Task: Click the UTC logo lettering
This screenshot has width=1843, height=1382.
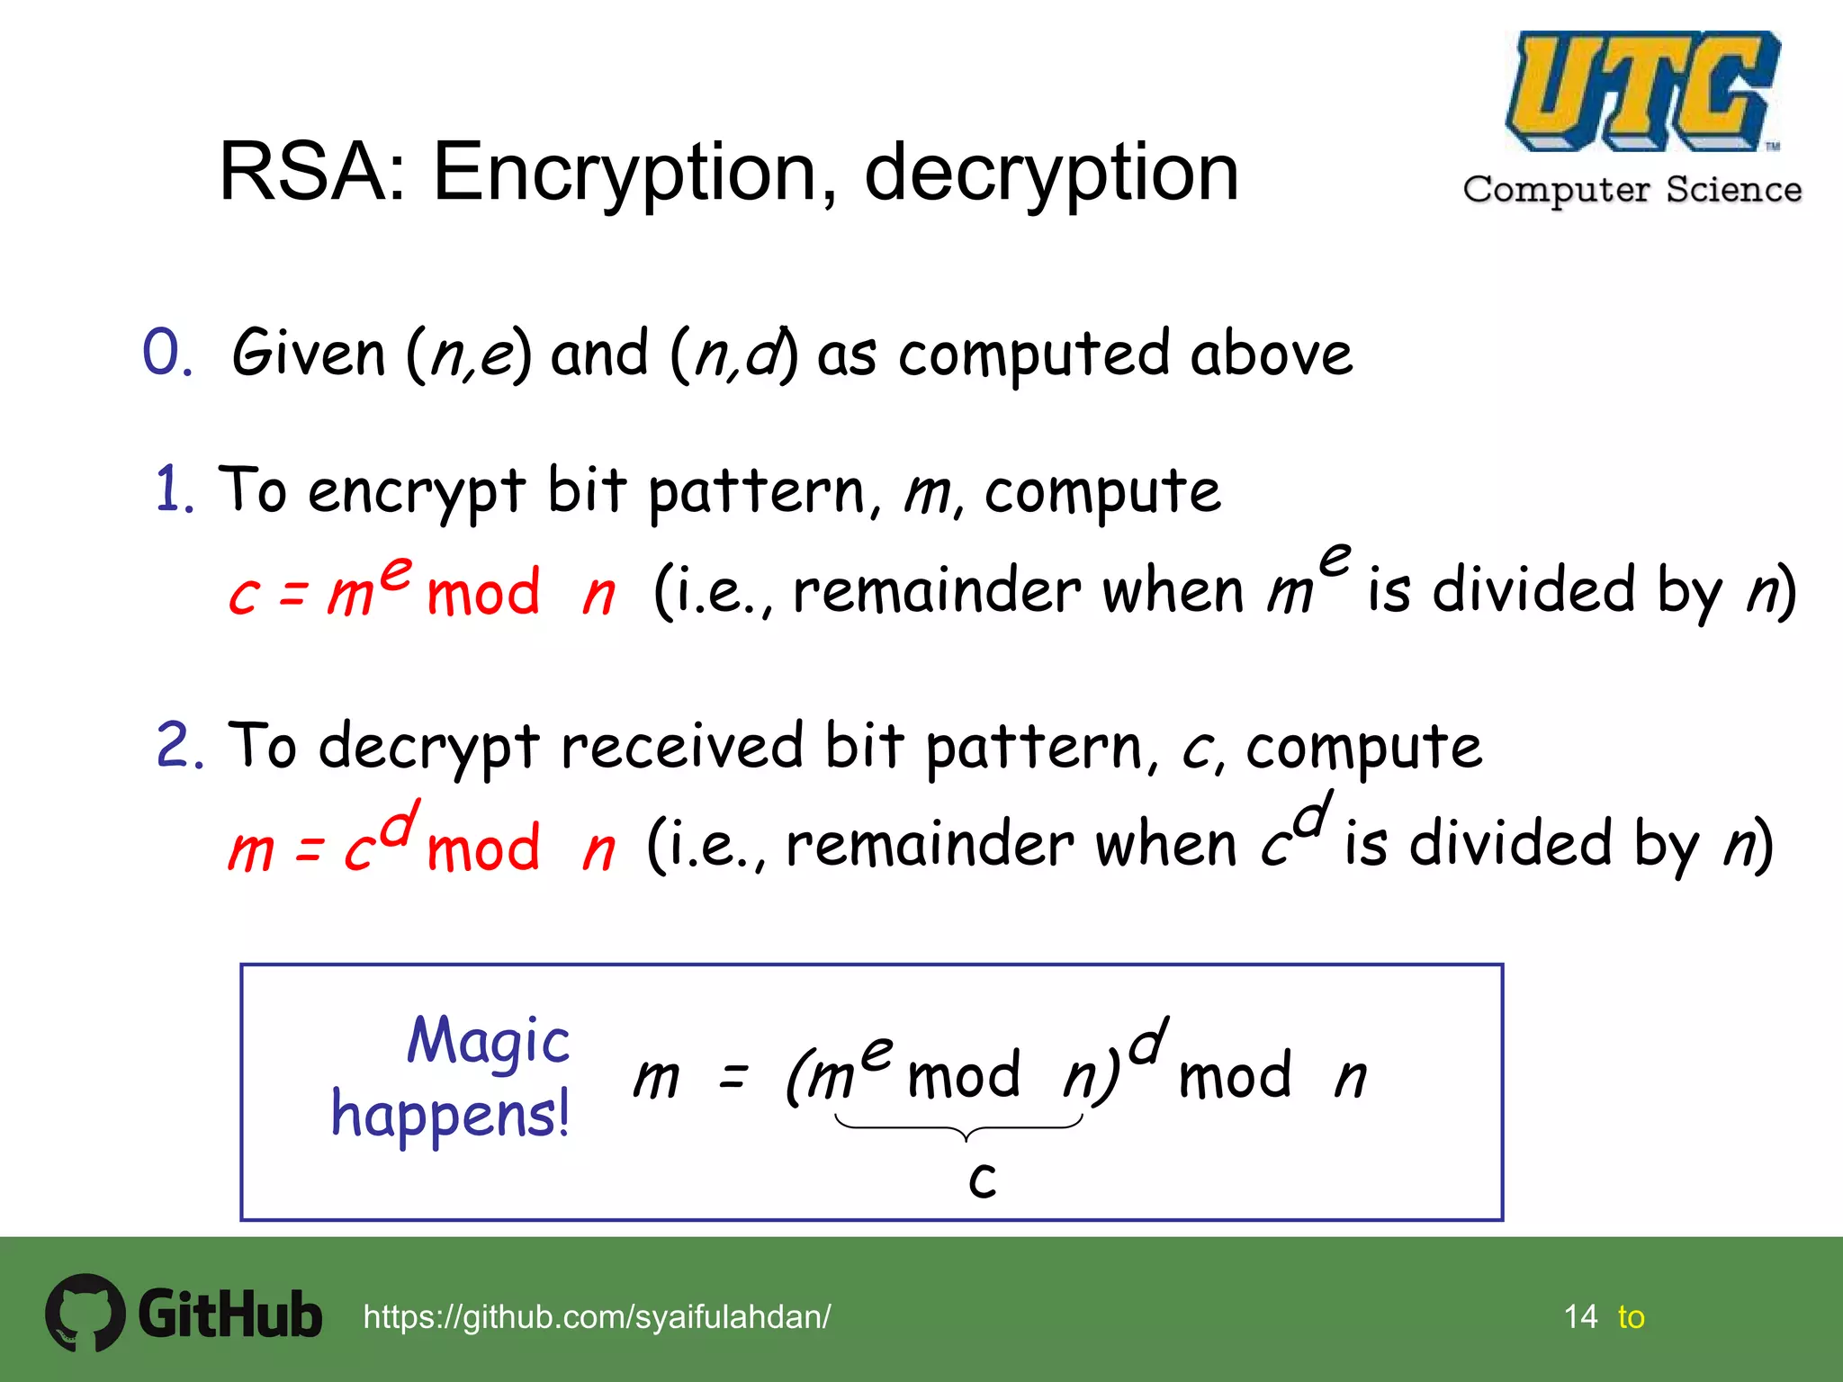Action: (1641, 90)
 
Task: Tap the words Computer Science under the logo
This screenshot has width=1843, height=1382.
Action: (1632, 190)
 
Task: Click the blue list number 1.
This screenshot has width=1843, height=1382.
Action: (173, 490)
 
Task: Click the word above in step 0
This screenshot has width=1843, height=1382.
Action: (1271, 353)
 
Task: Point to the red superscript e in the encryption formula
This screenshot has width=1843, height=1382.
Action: (395, 572)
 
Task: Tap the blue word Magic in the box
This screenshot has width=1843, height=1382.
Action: (488, 1041)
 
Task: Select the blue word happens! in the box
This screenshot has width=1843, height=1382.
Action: (450, 1115)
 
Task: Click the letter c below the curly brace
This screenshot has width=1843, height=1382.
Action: (982, 1179)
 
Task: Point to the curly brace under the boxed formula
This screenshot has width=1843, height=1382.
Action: (959, 1127)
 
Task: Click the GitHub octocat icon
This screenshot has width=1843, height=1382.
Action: (85, 1313)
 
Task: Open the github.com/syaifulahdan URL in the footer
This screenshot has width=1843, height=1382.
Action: (597, 1317)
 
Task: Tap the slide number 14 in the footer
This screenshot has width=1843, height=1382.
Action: (1580, 1317)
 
